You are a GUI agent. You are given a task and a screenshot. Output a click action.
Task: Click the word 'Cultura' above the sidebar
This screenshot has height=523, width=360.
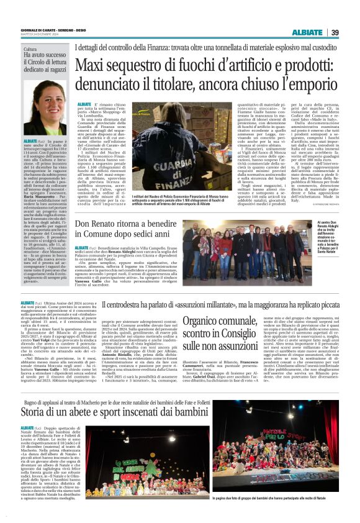30,48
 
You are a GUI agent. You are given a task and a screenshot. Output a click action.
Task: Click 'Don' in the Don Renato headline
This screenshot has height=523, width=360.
84,224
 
